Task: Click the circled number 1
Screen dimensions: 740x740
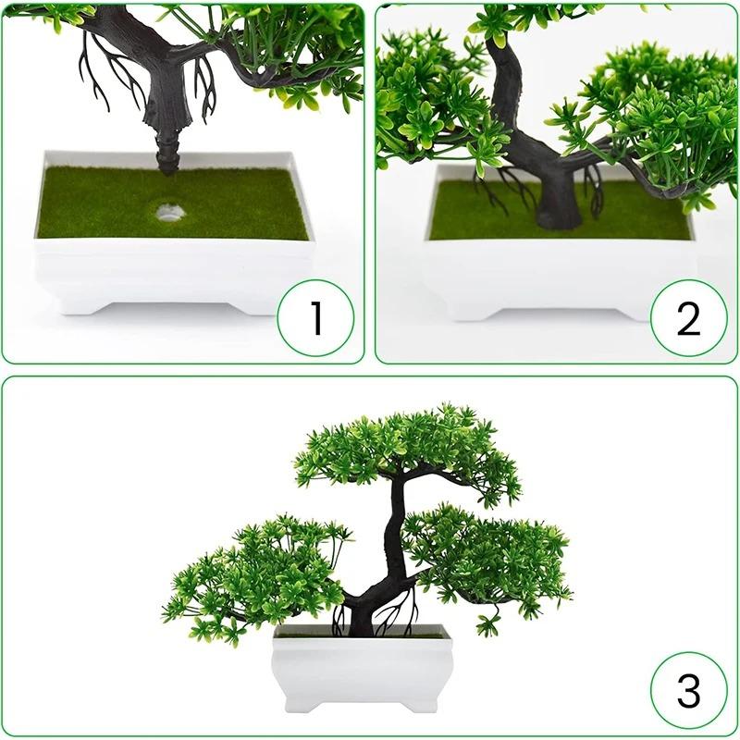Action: click(x=316, y=319)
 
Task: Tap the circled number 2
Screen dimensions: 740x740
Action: click(x=687, y=319)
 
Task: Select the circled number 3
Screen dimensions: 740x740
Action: click(x=687, y=690)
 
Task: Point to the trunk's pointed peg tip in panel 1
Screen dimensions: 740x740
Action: click(x=167, y=170)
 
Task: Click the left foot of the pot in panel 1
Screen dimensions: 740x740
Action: click(x=65, y=302)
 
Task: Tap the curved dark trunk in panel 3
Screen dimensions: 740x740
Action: click(x=394, y=546)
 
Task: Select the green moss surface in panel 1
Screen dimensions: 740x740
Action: click(x=102, y=203)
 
